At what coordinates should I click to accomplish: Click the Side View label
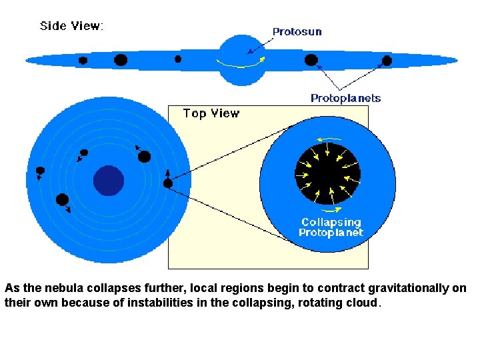(x=71, y=26)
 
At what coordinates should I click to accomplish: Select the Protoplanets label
(x=345, y=98)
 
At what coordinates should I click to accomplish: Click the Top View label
(x=211, y=113)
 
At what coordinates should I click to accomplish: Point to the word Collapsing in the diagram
(x=331, y=222)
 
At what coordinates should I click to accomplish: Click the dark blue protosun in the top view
(x=109, y=180)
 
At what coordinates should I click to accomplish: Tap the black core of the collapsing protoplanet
(x=327, y=174)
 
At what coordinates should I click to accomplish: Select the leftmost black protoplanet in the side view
(x=83, y=60)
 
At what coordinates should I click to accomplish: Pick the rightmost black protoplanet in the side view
(x=387, y=61)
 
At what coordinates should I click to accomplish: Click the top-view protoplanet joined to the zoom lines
(x=168, y=183)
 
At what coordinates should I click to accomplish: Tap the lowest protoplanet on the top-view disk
(x=63, y=199)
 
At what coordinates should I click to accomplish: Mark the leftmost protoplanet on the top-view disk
(x=40, y=171)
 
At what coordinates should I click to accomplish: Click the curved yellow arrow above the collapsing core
(x=326, y=139)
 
